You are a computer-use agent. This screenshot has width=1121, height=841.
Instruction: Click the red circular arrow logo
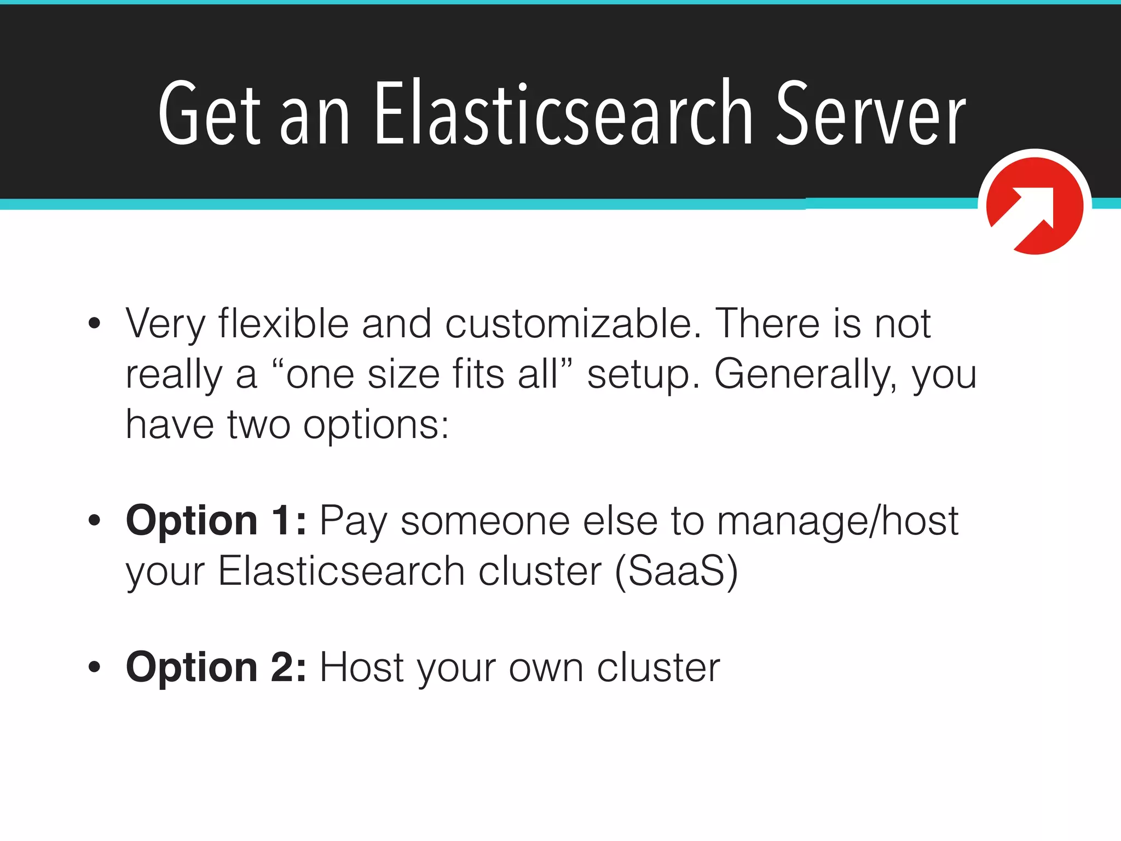point(1035,206)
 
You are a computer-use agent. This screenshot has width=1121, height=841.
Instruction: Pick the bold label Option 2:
point(216,667)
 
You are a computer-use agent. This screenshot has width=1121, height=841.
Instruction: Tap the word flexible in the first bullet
point(284,324)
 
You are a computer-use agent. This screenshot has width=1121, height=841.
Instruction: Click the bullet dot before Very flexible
point(95,324)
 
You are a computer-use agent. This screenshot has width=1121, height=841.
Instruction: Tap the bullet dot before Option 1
point(95,520)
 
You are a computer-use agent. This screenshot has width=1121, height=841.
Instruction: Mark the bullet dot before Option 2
point(95,666)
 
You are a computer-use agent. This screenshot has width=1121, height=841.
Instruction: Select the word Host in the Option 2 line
point(361,667)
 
